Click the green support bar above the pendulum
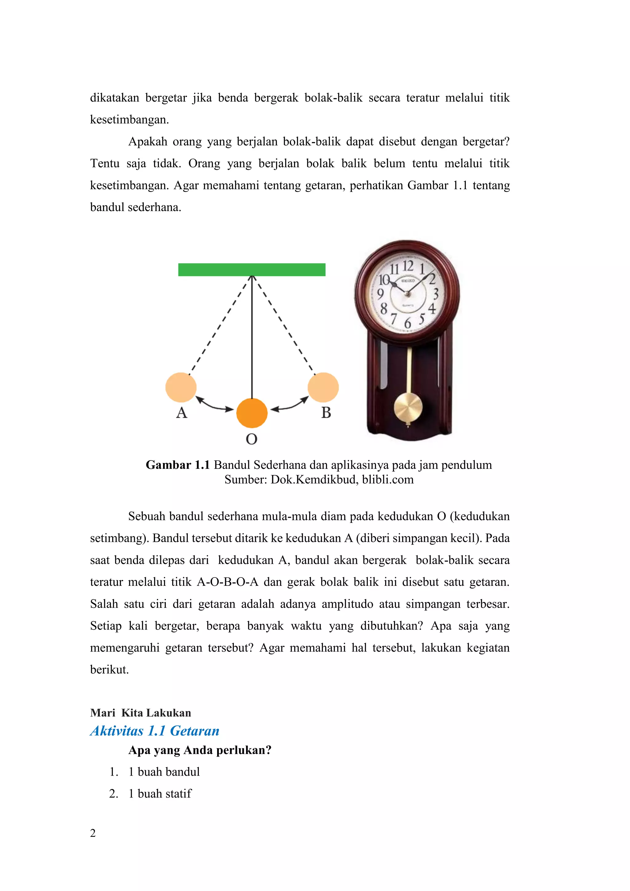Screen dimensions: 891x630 point(251,270)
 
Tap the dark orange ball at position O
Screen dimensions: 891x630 point(252,413)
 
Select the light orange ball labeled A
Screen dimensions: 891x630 point(181,387)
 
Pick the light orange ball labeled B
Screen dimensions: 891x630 point(323,387)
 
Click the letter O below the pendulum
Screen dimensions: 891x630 point(251,439)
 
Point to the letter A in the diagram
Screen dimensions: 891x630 point(181,413)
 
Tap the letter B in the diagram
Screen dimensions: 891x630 point(326,413)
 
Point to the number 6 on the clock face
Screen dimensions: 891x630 point(407,323)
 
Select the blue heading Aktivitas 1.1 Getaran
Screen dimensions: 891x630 point(155,731)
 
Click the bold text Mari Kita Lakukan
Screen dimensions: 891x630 point(141,713)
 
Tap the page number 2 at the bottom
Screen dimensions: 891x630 point(93,833)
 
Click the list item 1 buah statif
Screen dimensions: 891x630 point(160,793)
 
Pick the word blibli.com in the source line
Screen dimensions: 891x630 point(388,480)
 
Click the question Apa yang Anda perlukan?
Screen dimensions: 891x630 point(200,750)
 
